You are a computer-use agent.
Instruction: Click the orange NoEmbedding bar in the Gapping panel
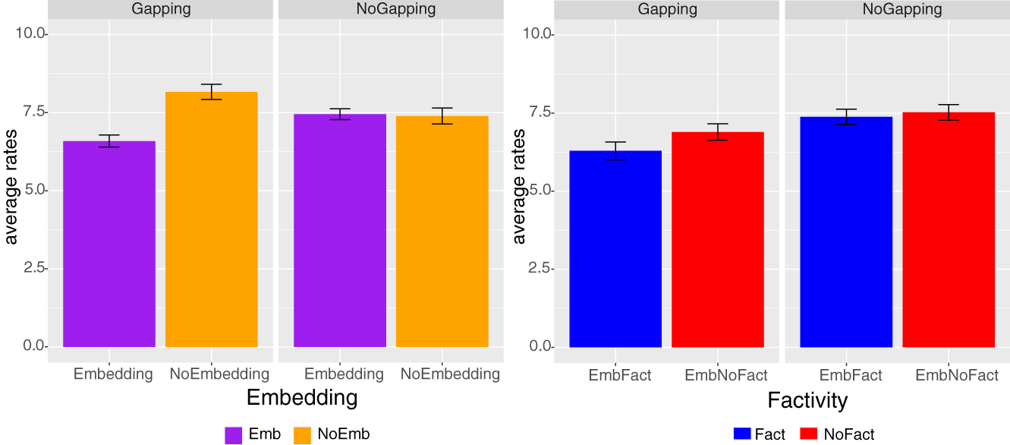tap(211, 220)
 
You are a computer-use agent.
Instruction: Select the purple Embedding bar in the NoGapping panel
tap(340, 231)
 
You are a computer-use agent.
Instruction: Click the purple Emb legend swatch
tap(233, 434)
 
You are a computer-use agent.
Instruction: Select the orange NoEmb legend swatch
tap(302, 434)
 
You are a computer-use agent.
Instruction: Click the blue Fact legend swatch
tap(741, 434)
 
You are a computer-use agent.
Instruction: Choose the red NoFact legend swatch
tap(808, 434)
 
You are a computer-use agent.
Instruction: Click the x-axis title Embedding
tap(302, 398)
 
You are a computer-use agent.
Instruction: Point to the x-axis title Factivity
tap(807, 399)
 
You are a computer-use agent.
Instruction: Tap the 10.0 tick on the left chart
tap(30, 34)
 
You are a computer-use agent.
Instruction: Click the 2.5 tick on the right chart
tap(538, 269)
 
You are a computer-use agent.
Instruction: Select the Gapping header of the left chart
tap(160, 9)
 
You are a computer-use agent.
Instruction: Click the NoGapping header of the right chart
tap(897, 9)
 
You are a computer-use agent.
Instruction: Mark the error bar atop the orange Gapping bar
tap(211, 92)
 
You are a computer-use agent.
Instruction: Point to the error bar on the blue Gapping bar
tap(615, 150)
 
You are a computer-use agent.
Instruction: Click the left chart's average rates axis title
tap(11, 187)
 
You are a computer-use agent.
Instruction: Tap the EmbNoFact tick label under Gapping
tap(726, 375)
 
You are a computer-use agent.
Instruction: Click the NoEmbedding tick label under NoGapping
tap(450, 374)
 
